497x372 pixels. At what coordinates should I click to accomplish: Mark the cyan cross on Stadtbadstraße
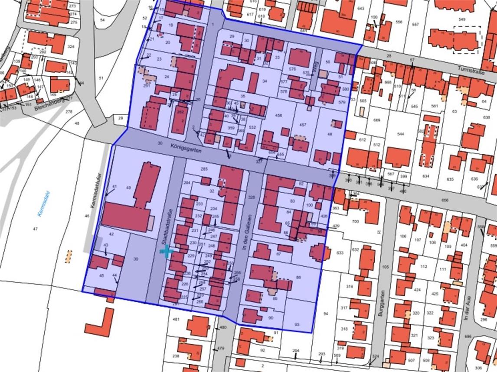point(167,251)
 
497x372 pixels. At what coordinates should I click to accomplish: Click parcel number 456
point(278,116)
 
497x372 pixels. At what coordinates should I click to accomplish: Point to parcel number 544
point(400,134)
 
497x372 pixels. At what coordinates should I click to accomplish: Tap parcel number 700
point(355,222)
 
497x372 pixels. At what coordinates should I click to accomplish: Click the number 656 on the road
point(445,201)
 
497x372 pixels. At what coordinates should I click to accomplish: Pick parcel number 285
point(204,169)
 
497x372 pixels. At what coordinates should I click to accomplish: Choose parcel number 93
point(297,324)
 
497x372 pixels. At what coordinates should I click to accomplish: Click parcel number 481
point(176,320)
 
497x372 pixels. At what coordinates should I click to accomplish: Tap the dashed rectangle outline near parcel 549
point(467,40)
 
